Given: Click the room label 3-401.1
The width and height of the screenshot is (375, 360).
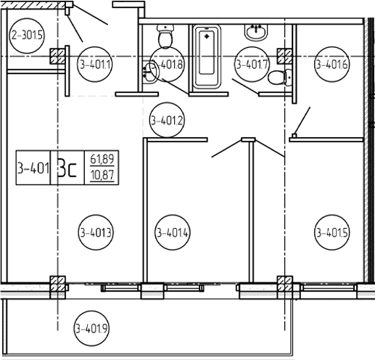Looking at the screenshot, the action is coord(95,65).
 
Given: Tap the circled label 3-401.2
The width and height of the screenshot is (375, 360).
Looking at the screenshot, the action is coord(167,120).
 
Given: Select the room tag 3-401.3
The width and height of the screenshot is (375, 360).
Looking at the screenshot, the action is coord(96,232).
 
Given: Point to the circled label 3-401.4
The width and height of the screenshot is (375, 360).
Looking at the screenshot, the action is coord(173,232).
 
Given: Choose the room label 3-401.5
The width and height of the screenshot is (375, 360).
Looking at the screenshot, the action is coord(332,232).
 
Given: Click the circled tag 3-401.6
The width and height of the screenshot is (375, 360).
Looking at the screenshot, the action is coord(332,64).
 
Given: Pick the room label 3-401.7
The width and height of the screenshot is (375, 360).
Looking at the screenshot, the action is coord(252,65).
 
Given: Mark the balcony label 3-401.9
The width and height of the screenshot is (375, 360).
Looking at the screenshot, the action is coord(91,328).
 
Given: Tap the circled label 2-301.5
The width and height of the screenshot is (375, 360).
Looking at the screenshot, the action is coord(27,36).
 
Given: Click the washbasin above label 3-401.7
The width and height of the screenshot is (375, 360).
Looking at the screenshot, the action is coord(256,33).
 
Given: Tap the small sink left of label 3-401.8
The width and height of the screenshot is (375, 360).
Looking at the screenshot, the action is coord(150,72).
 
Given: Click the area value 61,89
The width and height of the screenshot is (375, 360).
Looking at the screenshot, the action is coord(102,159).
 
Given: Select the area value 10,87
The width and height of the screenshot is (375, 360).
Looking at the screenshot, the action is coord(102,175).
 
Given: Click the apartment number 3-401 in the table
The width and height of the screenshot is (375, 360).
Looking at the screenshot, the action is coord(33,168).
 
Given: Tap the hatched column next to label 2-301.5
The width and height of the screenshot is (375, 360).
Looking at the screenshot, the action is coord(57,57).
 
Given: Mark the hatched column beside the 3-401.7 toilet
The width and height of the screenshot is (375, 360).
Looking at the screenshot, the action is coord(284,56).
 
